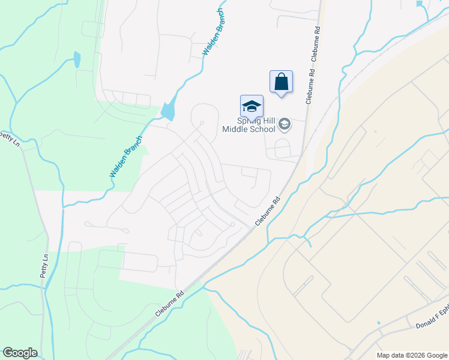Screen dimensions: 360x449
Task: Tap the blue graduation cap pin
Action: tap(252, 106)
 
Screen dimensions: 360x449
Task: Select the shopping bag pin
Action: tap(281, 82)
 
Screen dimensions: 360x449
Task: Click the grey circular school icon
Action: tap(285, 125)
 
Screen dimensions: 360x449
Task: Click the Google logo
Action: tap(20, 353)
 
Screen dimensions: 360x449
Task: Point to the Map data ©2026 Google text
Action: tap(412, 355)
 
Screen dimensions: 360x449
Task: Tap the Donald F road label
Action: tap(431, 322)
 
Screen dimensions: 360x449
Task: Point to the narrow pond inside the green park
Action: tap(77, 59)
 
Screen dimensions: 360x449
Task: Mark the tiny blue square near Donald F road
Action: tap(379, 323)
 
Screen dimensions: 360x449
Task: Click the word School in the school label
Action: tap(261, 129)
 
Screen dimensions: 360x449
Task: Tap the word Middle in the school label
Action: tap(235, 129)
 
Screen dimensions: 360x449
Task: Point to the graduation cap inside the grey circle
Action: tap(285, 125)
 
